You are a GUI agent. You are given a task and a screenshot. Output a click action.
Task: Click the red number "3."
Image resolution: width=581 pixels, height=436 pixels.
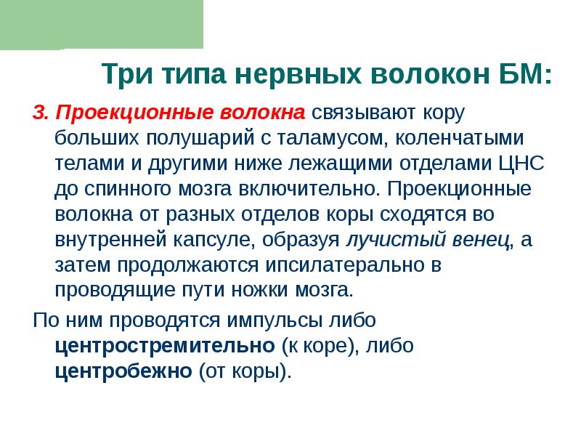click(x=41, y=113)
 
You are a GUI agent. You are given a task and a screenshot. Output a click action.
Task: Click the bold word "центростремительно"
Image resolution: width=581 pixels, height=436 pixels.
click(x=164, y=345)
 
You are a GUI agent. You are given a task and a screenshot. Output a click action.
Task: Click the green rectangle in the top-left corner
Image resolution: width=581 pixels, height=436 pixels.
click(x=102, y=24)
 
